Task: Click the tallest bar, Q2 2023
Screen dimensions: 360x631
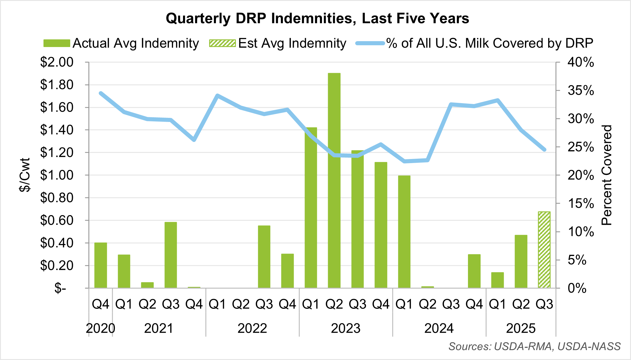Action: pyautogui.click(x=334, y=180)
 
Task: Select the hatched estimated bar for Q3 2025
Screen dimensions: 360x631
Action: pyautogui.click(x=544, y=250)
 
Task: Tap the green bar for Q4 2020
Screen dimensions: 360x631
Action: pyautogui.click(x=100, y=265)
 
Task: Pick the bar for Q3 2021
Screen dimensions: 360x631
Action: pyautogui.click(x=171, y=255)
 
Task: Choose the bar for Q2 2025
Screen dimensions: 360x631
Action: pyautogui.click(x=521, y=261)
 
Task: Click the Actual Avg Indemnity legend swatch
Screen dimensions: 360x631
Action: pyautogui.click(x=57, y=43)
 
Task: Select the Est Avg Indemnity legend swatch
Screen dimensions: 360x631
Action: pyautogui.click(x=222, y=43)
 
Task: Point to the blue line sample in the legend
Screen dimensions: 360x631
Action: pyautogui.click(x=370, y=43)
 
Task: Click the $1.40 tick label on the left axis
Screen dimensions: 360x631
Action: pyautogui.click(x=57, y=130)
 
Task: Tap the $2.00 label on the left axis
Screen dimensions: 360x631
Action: pyautogui.click(x=57, y=62)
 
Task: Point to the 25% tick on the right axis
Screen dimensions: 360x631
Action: pyautogui.click(x=580, y=147)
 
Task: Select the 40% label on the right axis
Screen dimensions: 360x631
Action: pyautogui.click(x=580, y=62)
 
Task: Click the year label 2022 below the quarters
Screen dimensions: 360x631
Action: pyautogui.click(x=252, y=328)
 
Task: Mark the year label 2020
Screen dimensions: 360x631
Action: pyautogui.click(x=100, y=328)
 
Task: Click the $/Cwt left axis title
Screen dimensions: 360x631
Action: pyautogui.click(x=25, y=175)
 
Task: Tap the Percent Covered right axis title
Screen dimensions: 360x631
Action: pyautogui.click(x=606, y=175)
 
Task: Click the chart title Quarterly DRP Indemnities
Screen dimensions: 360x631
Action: pyautogui.click(x=317, y=18)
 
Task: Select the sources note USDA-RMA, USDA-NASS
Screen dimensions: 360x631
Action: pyautogui.click(x=534, y=346)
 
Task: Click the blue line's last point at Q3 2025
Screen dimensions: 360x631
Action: pyautogui.click(x=544, y=150)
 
